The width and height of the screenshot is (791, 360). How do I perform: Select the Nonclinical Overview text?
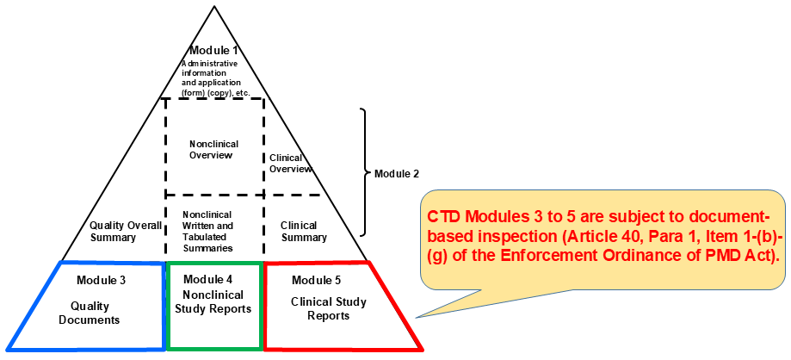[213, 149]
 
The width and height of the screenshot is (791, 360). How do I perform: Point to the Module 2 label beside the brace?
[397, 173]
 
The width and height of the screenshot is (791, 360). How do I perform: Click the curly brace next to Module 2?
[364, 172]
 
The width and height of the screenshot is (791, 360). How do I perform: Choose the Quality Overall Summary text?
[126, 231]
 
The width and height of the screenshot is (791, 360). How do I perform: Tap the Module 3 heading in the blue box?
[101, 280]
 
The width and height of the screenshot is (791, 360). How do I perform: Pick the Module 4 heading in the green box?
[208, 279]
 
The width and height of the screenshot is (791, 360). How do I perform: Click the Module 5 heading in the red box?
[316, 280]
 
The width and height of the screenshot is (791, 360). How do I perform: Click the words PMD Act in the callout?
[738, 258]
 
